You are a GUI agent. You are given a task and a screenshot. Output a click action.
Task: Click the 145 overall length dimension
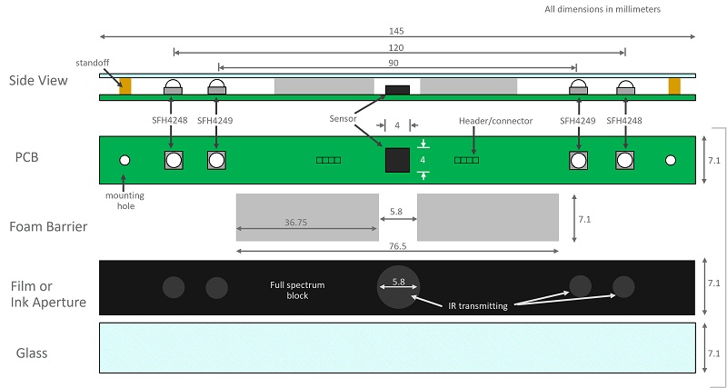tap(397, 31)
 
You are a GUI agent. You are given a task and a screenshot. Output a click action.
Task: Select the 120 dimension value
tap(396, 48)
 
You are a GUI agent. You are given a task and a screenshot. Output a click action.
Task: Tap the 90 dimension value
tap(393, 63)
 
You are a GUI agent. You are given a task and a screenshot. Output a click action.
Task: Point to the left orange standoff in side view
tap(125, 86)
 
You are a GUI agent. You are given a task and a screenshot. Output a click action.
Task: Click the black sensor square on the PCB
tap(397, 160)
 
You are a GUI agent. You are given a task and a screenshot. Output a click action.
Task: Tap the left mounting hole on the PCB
tap(124, 161)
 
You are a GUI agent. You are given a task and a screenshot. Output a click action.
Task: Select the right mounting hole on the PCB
tap(671, 161)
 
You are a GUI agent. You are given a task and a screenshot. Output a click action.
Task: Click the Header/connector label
tap(495, 121)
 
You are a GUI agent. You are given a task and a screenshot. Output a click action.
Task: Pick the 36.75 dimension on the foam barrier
tap(296, 223)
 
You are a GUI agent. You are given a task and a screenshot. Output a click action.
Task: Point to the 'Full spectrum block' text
tap(297, 290)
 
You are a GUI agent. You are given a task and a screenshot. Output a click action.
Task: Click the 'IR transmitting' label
tap(478, 306)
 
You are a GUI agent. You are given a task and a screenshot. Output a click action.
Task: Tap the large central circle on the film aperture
tap(398, 287)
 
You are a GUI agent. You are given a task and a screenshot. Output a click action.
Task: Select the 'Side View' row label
tap(38, 81)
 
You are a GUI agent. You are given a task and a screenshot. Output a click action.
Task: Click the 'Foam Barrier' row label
tap(48, 226)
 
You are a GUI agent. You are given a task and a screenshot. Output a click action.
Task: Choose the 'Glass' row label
tap(32, 353)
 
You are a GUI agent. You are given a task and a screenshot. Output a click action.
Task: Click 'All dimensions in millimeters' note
tap(603, 9)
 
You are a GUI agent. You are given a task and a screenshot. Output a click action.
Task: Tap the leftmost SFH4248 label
tap(170, 121)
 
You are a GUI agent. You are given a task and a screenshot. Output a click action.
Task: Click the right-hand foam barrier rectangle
tap(488, 217)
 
